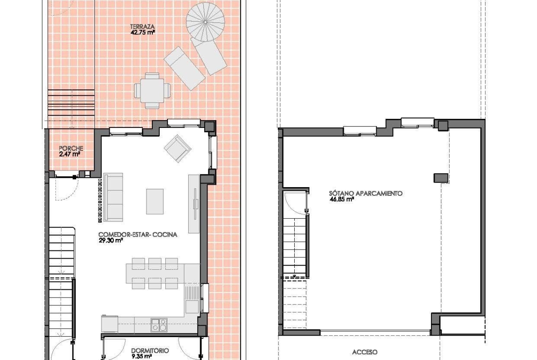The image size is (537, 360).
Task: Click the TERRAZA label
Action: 142,27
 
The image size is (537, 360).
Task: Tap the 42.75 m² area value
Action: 143,33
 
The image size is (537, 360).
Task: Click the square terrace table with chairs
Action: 152,91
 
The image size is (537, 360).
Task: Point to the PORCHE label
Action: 71,149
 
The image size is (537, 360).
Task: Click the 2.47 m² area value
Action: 69,155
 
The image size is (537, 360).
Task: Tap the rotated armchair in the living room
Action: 178,148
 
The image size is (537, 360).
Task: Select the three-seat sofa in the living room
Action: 113,198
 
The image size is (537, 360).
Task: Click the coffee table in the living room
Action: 155,201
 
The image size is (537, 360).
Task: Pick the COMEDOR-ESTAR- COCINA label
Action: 138,234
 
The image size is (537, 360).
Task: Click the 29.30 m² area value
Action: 111,240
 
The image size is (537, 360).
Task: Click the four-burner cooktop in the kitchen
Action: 159,325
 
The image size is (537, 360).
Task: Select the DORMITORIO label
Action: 150,351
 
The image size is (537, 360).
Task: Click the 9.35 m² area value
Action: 141,357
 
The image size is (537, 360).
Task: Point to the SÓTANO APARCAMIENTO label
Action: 366,194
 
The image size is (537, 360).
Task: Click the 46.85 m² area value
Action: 341,199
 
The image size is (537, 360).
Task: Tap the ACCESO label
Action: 365,352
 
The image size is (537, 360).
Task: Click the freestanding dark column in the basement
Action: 441,178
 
